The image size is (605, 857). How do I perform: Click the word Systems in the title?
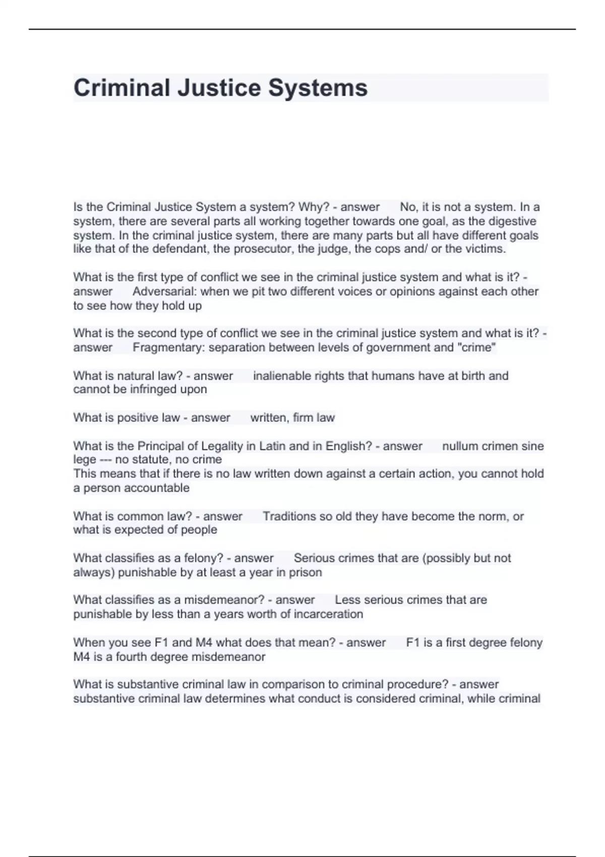(318, 88)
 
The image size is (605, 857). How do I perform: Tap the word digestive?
(512, 221)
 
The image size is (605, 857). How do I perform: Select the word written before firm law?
(268, 418)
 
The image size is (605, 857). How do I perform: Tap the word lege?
(84, 460)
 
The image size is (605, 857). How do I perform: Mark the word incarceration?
(328, 614)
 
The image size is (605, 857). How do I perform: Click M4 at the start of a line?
(81, 657)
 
